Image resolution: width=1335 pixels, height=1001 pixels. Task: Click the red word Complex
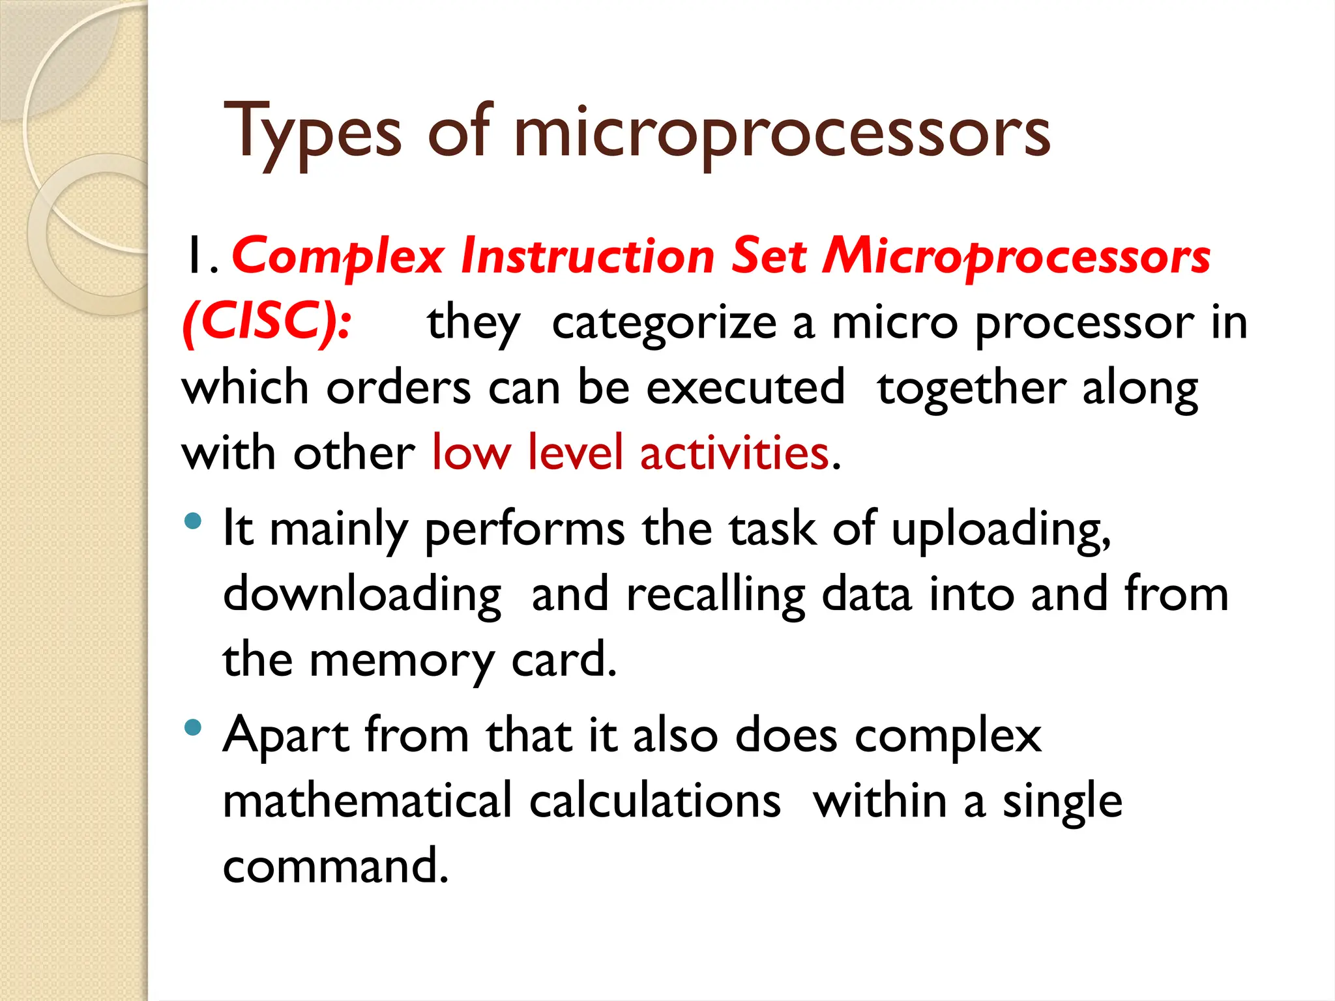338,256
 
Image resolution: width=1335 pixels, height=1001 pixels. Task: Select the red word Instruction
587,256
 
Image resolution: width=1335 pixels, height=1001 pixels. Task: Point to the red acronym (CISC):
267,321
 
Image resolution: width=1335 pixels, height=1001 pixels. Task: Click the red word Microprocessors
1016,256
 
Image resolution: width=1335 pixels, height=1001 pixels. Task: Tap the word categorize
664,323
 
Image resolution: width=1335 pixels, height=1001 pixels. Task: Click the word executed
746,388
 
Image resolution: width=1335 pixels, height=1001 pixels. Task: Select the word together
971,389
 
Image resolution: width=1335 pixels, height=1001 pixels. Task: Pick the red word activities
734,453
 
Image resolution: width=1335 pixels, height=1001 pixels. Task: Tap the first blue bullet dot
193,521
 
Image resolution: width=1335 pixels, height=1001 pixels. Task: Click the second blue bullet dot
193,727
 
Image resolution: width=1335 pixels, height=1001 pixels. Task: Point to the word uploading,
1001,530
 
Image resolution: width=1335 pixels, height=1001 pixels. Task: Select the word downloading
362,595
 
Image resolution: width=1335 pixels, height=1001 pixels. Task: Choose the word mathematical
368,801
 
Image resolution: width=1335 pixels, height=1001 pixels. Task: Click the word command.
335,867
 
